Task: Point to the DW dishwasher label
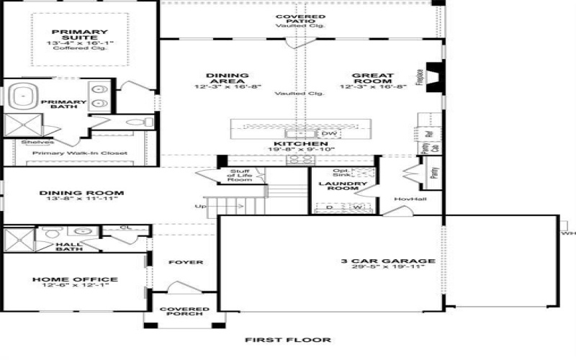tap(329, 134)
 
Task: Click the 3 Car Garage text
tap(388, 261)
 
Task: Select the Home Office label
tap(75, 279)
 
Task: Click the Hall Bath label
tap(69, 248)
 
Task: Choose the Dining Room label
tap(81, 193)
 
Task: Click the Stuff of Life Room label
tap(240, 175)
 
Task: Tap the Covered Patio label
tap(300, 17)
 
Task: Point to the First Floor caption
tap(287, 340)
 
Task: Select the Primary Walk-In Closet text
tap(80, 153)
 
